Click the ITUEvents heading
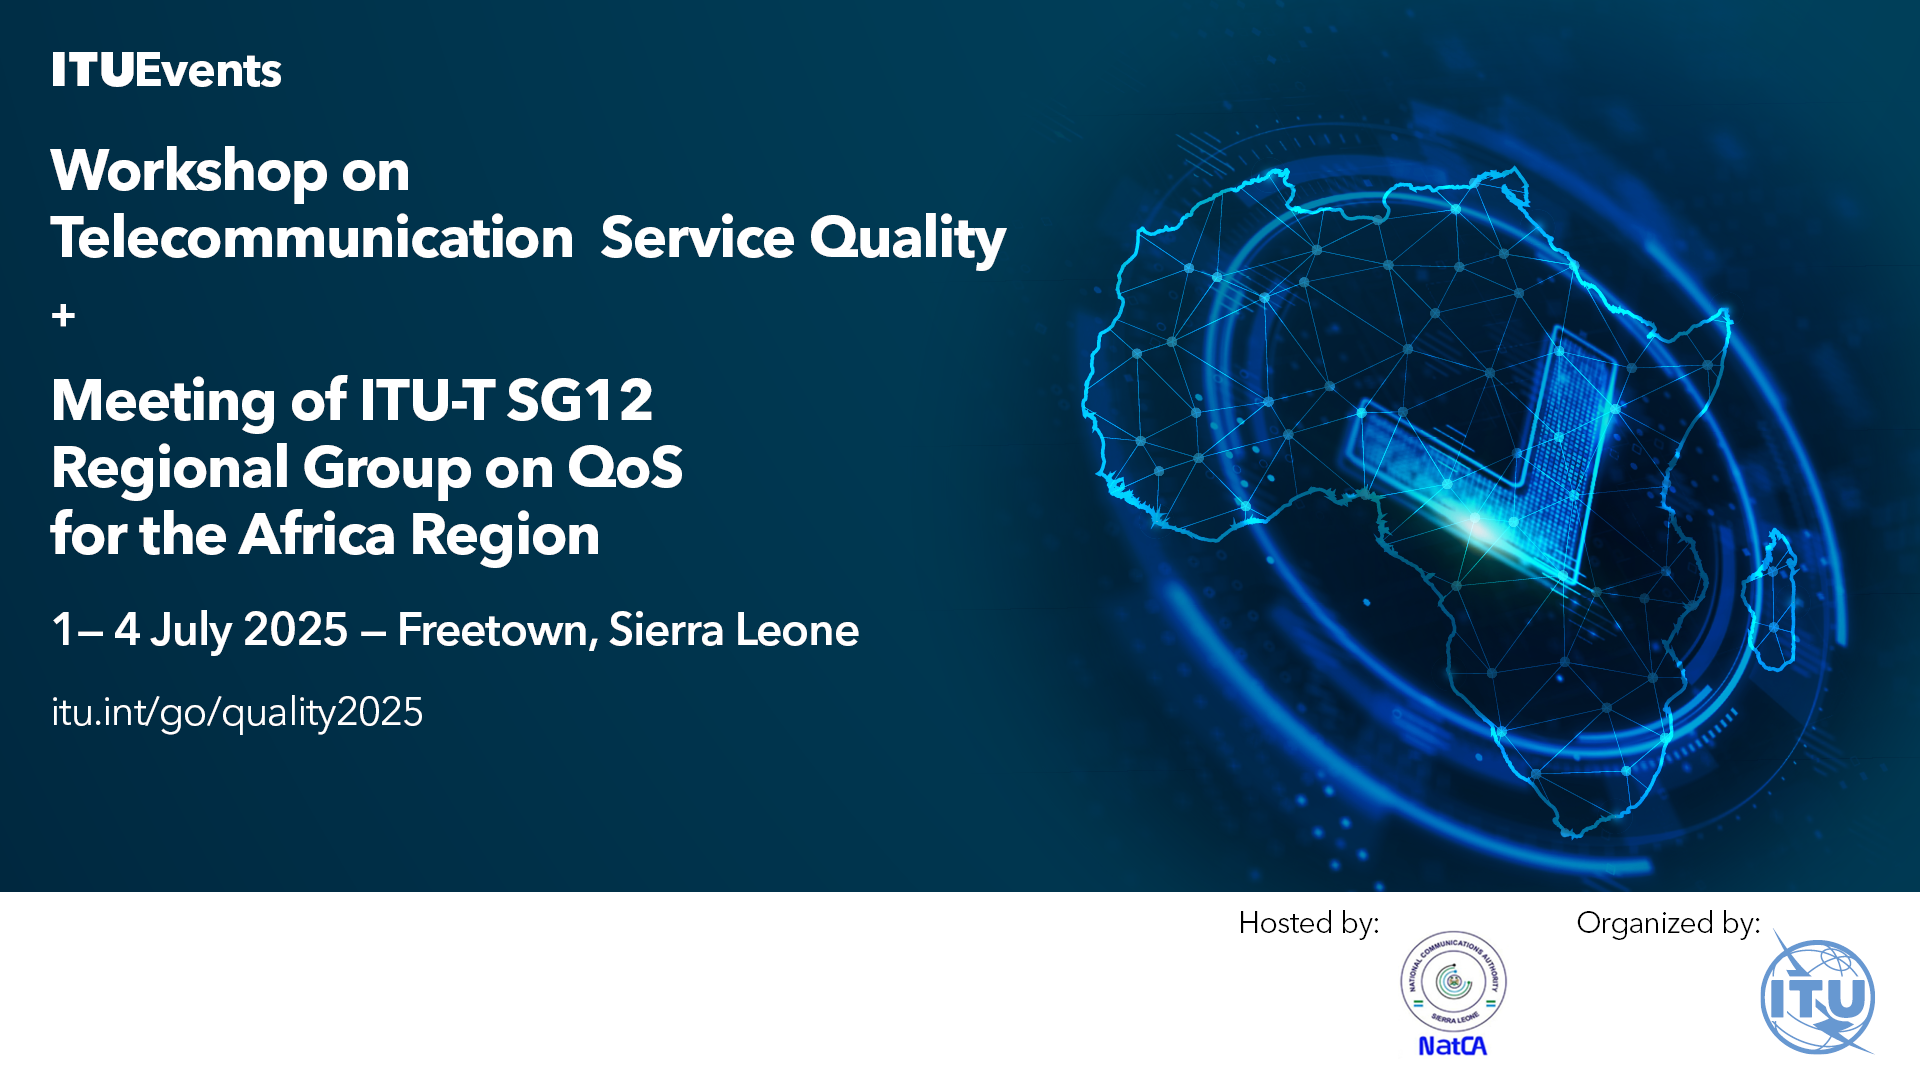[x=166, y=71]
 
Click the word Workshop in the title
[x=189, y=171]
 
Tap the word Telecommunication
[x=312, y=238]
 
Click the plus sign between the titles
[x=63, y=316]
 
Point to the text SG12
[x=580, y=400]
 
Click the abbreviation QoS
[x=625, y=467]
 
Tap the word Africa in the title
[x=317, y=534]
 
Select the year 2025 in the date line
[x=295, y=630]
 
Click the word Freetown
[x=497, y=630]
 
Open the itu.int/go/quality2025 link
[x=237, y=712]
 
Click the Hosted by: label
[x=1309, y=923]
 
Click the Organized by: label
[x=1668, y=923]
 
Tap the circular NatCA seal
[x=1453, y=981]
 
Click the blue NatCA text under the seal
[x=1453, y=1046]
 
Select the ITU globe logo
[x=1818, y=996]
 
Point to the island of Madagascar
[x=1770, y=600]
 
